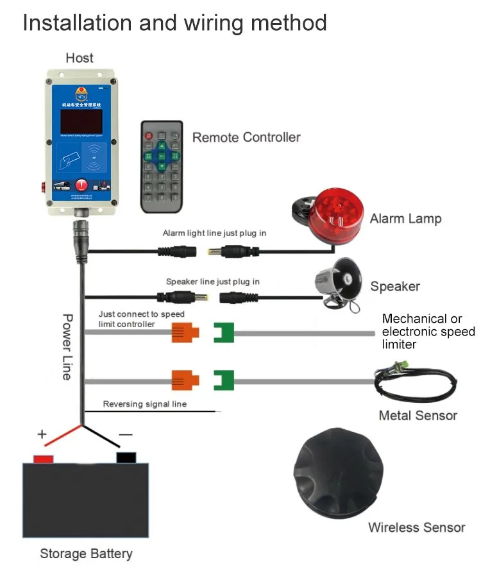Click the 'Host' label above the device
[x=79, y=58]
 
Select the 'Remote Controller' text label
[x=246, y=137]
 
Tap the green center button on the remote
[x=162, y=155]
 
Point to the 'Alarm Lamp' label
[x=405, y=219]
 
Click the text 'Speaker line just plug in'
[x=212, y=282]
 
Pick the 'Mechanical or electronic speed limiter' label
[x=428, y=332]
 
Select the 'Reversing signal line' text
[x=145, y=404]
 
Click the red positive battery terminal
[x=43, y=458]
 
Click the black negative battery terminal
[x=126, y=457]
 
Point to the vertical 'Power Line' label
[x=67, y=346]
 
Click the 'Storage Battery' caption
[x=86, y=554]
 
